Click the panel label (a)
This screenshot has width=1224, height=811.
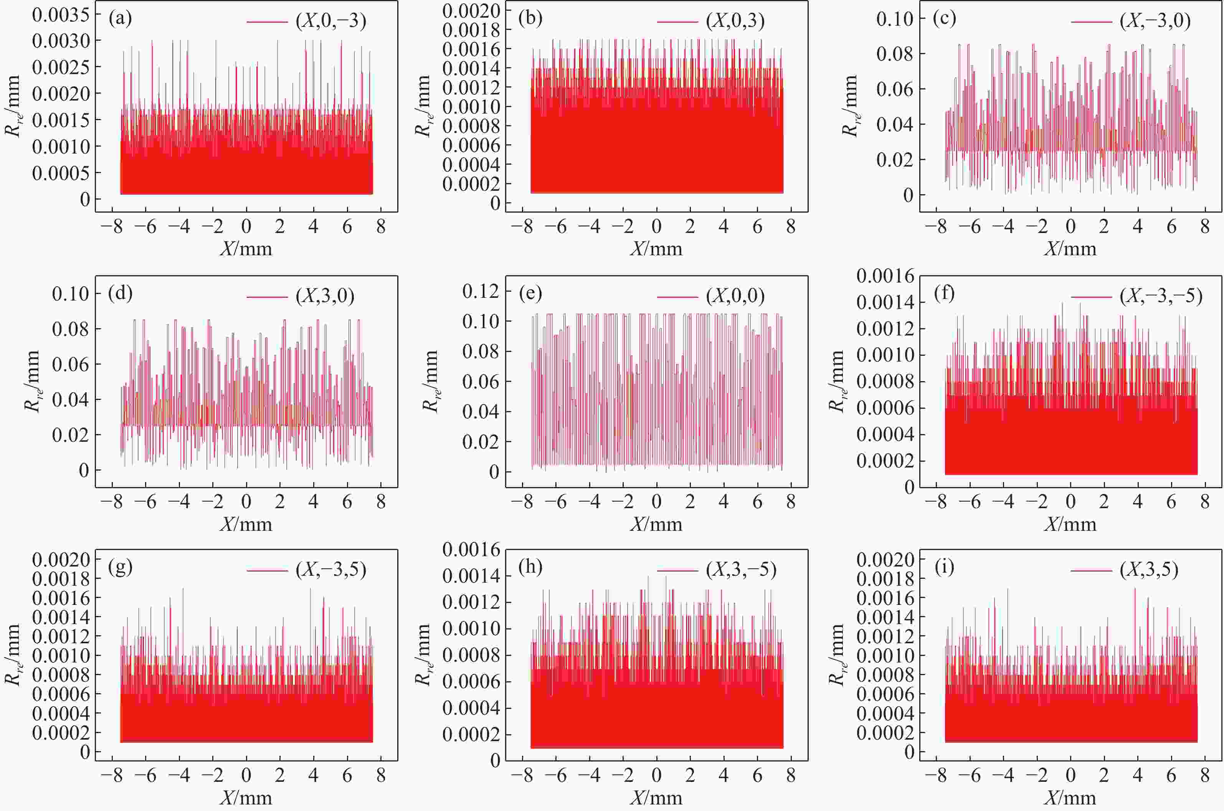(121, 19)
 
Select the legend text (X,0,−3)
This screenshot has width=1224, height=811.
(331, 21)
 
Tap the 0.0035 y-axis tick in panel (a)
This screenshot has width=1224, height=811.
(61, 15)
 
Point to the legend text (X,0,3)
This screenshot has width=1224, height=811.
(735, 21)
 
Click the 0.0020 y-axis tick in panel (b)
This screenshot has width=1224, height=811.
(471, 10)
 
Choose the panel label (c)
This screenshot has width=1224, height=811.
(944, 19)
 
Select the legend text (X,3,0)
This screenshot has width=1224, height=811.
(325, 296)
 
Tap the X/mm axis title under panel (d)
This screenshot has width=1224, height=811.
(246, 524)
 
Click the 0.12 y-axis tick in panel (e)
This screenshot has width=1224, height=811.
(481, 291)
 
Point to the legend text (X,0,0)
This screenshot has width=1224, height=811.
(735, 296)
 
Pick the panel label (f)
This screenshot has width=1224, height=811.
(944, 293)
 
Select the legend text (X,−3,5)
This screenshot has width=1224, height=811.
(331, 570)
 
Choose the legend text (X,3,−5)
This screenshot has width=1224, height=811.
(741, 570)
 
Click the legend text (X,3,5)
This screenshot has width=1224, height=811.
(1149, 570)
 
